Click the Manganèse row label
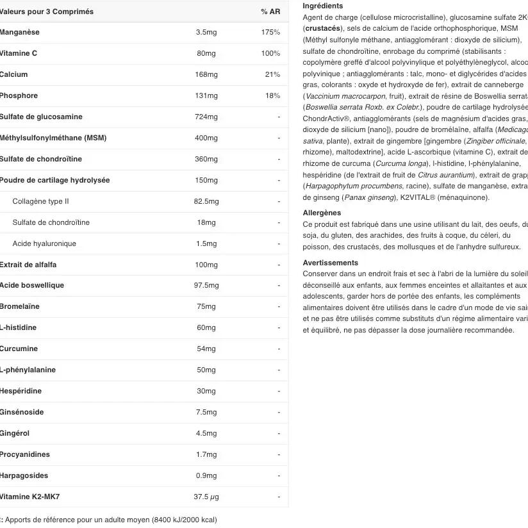[x=20, y=32]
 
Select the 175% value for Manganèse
[x=270, y=32]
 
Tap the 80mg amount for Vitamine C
[x=206, y=53]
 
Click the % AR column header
[x=270, y=12]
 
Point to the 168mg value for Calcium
[x=206, y=74]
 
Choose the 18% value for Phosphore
[x=272, y=95]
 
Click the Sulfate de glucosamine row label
[x=41, y=117]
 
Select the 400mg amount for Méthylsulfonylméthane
[x=206, y=138]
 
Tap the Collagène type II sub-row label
[x=40, y=201]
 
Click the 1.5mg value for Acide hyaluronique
[x=206, y=243]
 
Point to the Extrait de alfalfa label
[x=28, y=265]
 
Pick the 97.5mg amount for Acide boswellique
[x=206, y=285]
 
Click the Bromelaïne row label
[x=20, y=306]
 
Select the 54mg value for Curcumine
[x=206, y=349]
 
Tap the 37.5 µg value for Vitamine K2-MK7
[x=206, y=497]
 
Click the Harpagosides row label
[x=24, y=475]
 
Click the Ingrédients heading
[x=322, y=6]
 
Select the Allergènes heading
[x=322, y=213]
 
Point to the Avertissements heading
[x=330, y=263]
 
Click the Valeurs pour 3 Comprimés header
[x=46, y=12]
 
